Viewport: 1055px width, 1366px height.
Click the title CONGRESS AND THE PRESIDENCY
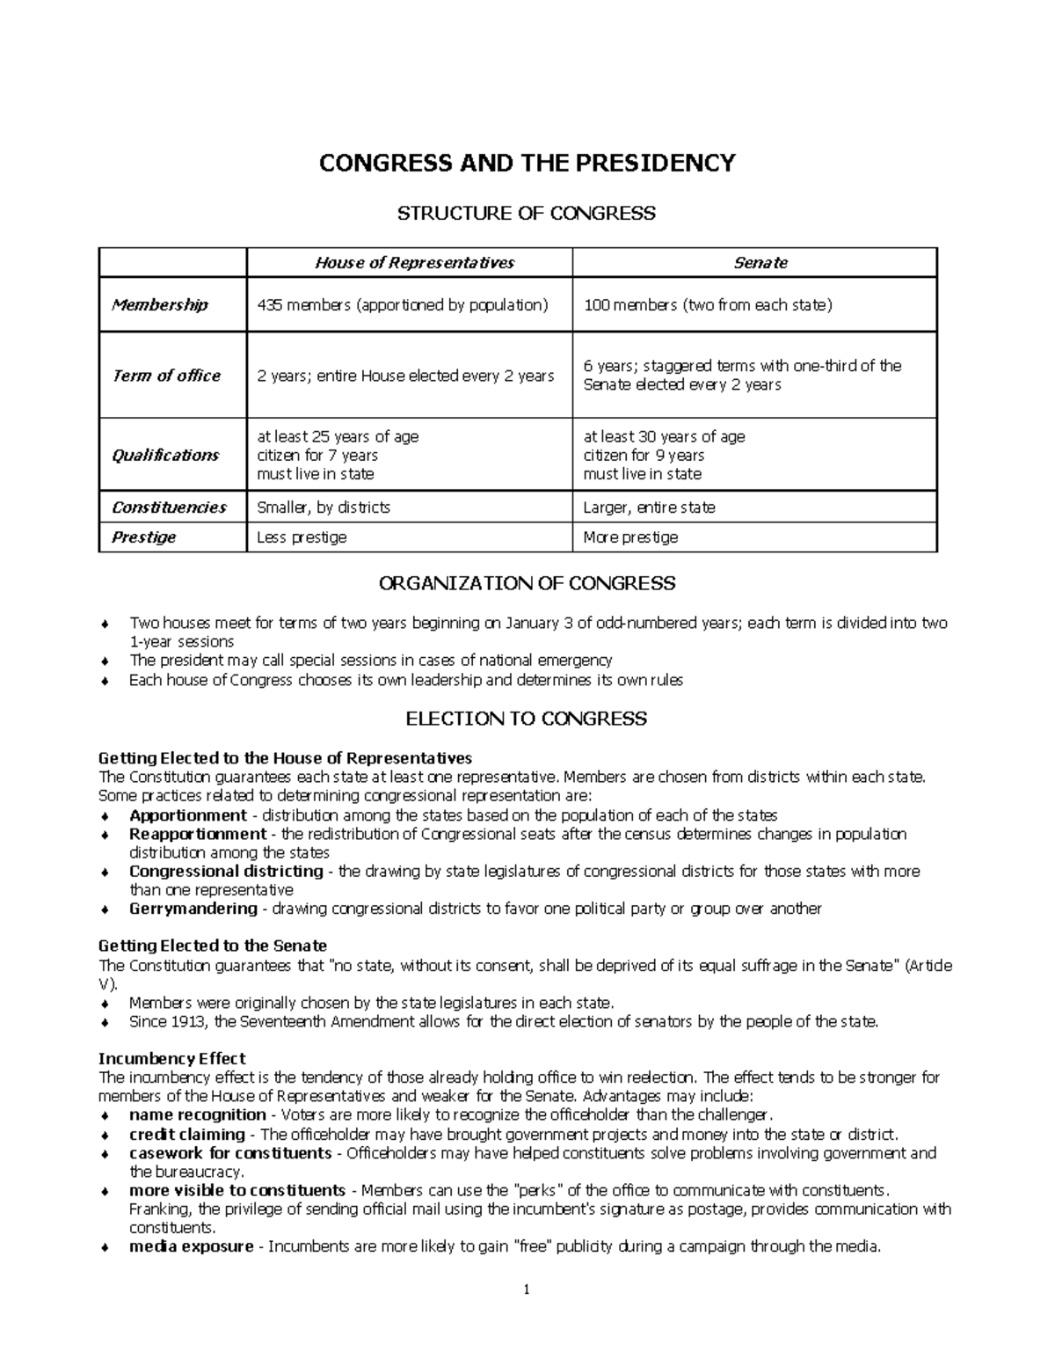527,164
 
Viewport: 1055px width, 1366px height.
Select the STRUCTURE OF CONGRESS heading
527,214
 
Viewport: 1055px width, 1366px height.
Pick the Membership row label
160,305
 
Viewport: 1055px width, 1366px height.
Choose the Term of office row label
166,376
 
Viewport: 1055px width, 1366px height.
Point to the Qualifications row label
165,455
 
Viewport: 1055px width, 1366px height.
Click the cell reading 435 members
402,305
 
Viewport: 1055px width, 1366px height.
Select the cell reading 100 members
708,305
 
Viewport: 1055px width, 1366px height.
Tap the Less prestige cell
302,537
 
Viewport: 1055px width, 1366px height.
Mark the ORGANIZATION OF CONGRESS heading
527,584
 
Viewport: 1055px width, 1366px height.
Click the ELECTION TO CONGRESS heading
526,720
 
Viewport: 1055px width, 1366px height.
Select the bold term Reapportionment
198,834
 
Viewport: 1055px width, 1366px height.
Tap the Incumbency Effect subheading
171,1058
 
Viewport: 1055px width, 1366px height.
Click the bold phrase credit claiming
187,1135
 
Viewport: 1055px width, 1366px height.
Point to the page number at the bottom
527,1290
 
